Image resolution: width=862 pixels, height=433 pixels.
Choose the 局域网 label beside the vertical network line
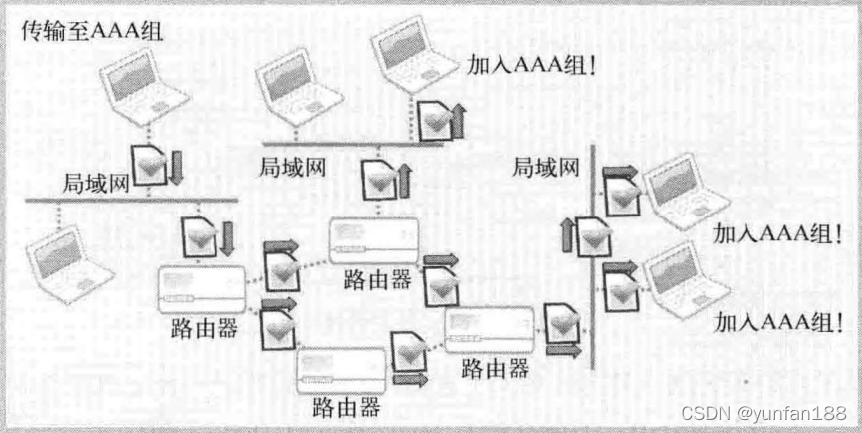click(546, 168)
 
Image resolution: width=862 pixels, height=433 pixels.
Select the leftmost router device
click(200, 289)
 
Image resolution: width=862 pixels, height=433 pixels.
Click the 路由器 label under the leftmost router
click(206, 328)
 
